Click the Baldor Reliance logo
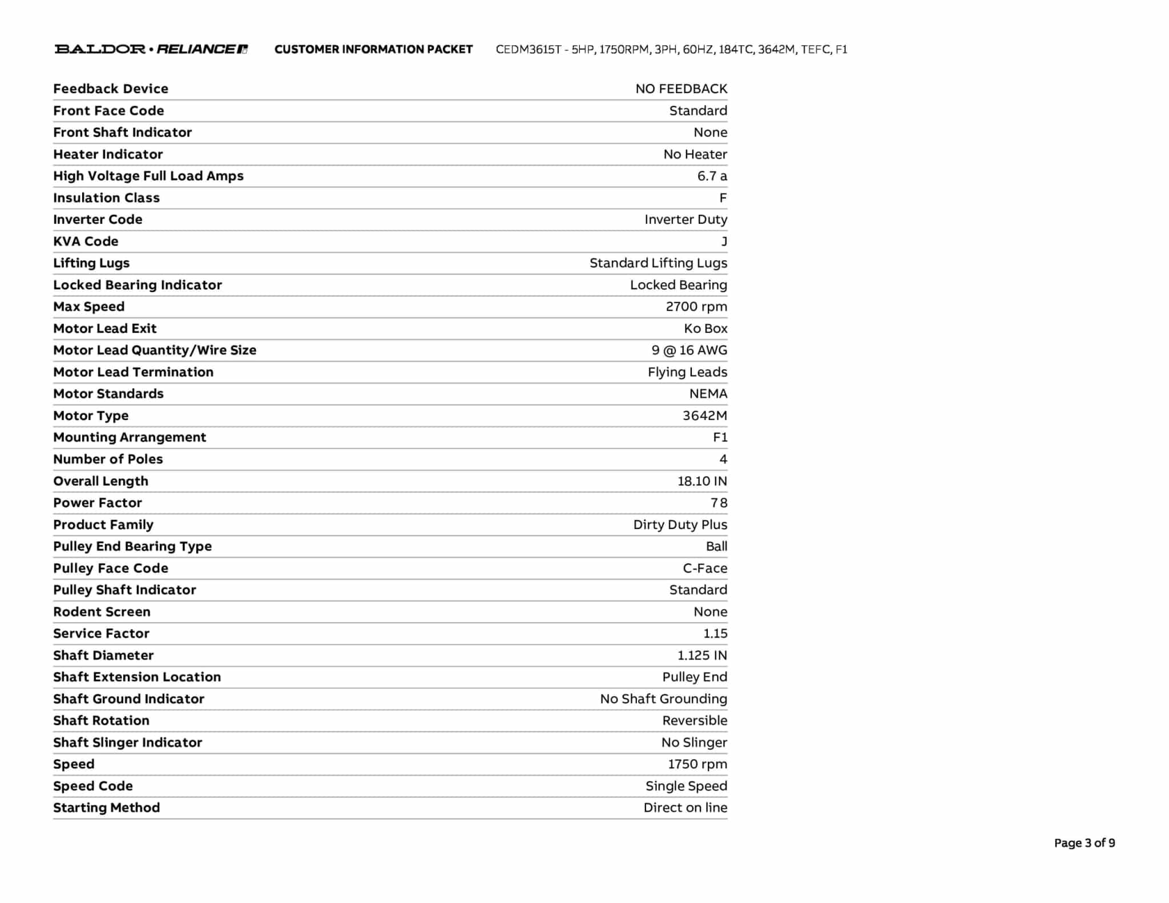click(x=151, y=49)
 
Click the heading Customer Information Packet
click(x=373, y=50)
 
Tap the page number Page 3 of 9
click(x=1084, y=843)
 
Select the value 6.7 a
click(x=712, y=176)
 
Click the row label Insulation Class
click(x=106, y=197)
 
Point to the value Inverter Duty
click(x=686, y=219)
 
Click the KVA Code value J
click(x=724, y=241)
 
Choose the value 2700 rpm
click(x=696, y=307)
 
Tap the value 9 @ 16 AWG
click(x=689, y=350)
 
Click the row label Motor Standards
click(x=108, y=394)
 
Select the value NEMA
click(x=708, y=394)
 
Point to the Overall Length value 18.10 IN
click(x=702, y=481)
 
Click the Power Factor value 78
click(x=719, y=503)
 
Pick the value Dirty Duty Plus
click(x=680, y=525)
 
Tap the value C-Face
click(x=705, y=569)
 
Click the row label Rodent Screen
click(x=102, y=612)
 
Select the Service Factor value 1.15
click(x=715, y=634)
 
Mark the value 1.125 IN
click(x=702, y=655)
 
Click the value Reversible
click(x=695, y=720)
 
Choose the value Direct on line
click(x=685, y=808)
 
